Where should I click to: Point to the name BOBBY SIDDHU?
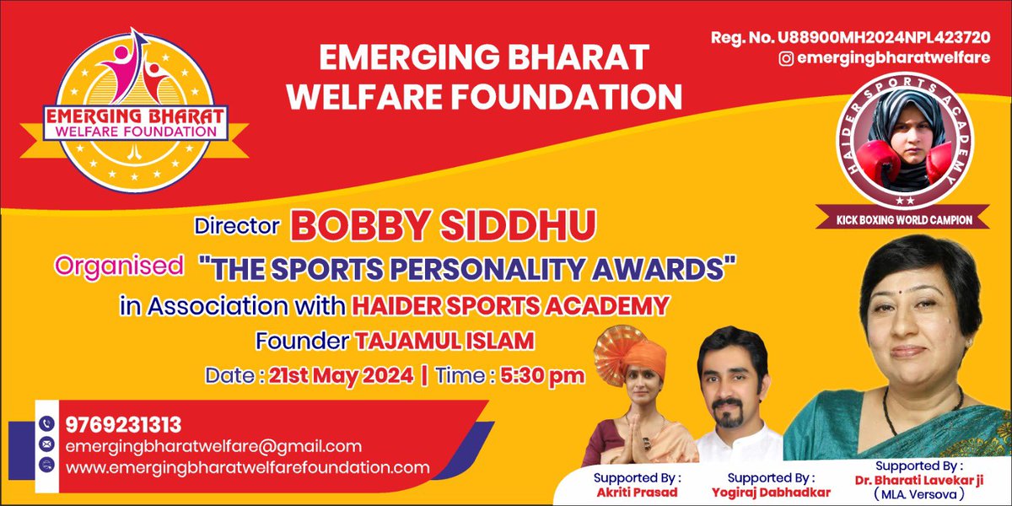[x=444, y=226]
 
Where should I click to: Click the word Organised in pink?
[x=119, y=266]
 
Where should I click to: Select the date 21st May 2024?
[x=341, y=374]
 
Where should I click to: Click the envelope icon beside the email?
[x=46, y=444]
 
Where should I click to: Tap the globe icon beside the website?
[x=46, y=465]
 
